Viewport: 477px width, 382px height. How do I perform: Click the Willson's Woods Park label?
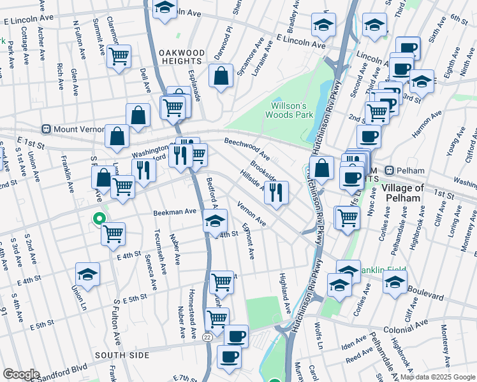click(292, 110)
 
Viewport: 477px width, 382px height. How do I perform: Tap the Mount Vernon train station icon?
click(46, 129)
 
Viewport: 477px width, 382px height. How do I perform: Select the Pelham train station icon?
click(388, 171)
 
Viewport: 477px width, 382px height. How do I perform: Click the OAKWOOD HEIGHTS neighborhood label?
click(182, 57)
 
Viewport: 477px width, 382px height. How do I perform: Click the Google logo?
click(20, 374)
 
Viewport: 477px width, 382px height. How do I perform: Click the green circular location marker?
click(98, 219)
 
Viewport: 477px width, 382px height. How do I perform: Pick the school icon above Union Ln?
click(87, 273)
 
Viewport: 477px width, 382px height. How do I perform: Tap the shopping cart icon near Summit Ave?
click(119, 56)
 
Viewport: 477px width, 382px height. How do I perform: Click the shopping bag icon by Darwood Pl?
click(221, 78)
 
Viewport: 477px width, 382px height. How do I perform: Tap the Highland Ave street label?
click(284, 293)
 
